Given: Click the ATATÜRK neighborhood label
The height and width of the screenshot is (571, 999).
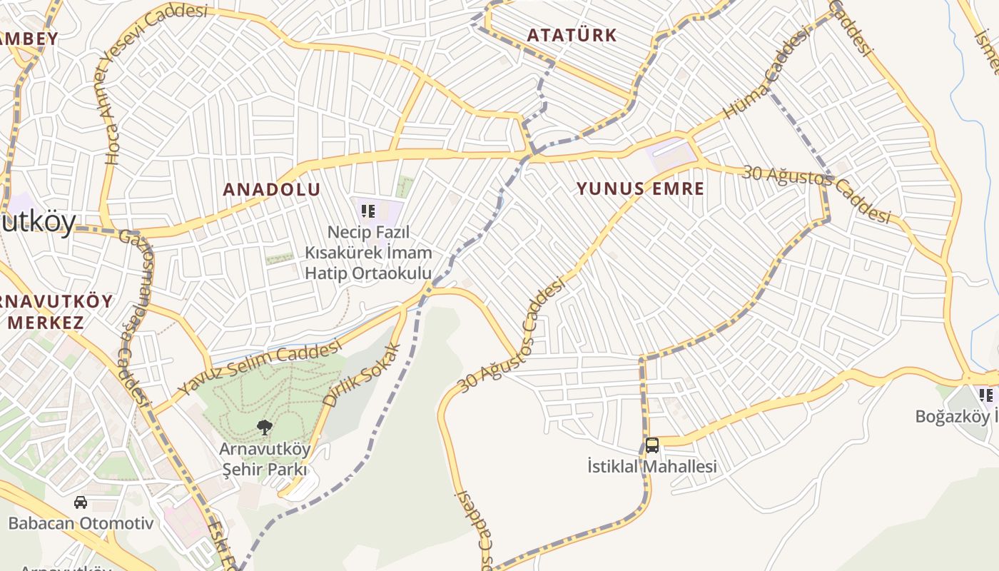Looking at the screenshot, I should point(572,35).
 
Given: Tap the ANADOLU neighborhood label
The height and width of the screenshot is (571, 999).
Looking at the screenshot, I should point(271,189).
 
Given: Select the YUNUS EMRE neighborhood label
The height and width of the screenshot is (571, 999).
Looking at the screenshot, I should point(640,188).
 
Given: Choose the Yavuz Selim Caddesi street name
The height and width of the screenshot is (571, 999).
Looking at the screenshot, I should point(260,368).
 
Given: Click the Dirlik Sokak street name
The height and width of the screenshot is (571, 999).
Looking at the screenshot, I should point(362,375).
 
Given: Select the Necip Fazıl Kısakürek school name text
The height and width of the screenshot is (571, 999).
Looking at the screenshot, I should point(368,253).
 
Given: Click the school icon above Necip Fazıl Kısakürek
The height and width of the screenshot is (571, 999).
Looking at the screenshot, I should point(368,211).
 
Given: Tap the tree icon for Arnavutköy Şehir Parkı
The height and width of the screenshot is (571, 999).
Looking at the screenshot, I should point(265,428).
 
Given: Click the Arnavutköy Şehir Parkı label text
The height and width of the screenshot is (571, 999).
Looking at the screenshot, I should point(265,459).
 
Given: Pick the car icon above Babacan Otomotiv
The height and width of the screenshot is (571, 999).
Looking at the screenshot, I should point(81,502).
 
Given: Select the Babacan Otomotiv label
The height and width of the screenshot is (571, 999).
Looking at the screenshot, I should point(81,523).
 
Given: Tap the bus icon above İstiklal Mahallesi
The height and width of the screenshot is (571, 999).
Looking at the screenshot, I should point(651,445).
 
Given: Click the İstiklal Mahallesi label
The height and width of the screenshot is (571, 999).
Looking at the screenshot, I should point(651,467).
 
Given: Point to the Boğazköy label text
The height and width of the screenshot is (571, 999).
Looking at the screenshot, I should point(956,416).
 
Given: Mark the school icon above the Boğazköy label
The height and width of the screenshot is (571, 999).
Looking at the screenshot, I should point(987,395).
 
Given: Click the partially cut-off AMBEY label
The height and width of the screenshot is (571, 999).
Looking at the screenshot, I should point(29,39).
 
